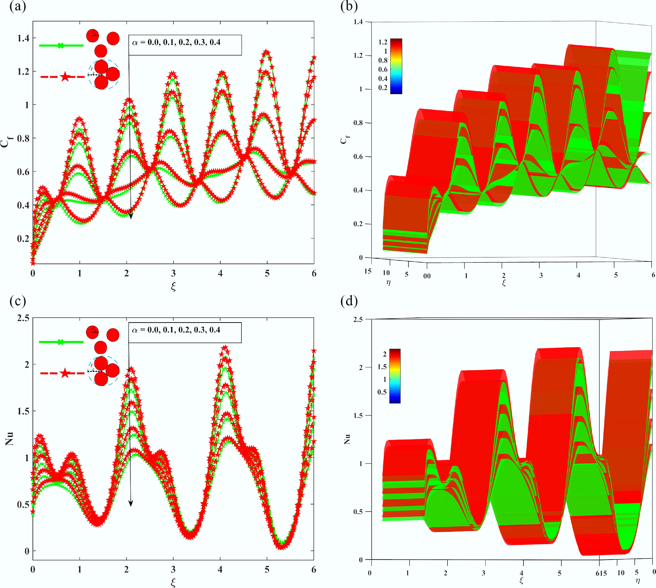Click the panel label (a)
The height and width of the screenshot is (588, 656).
(18, 6)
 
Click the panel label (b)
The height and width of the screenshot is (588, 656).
(349, 6)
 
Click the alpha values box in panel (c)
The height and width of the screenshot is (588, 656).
(185, 332)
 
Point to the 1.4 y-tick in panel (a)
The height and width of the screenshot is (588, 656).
(23, 38)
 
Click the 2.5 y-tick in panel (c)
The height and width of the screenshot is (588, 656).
(23, 318)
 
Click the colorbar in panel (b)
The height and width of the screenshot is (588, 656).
(396, 66)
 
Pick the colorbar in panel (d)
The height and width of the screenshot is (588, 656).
(395, 376)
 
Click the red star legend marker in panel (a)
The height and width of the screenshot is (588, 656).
(65, 77)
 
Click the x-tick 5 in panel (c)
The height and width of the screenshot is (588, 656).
(267, 569)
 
